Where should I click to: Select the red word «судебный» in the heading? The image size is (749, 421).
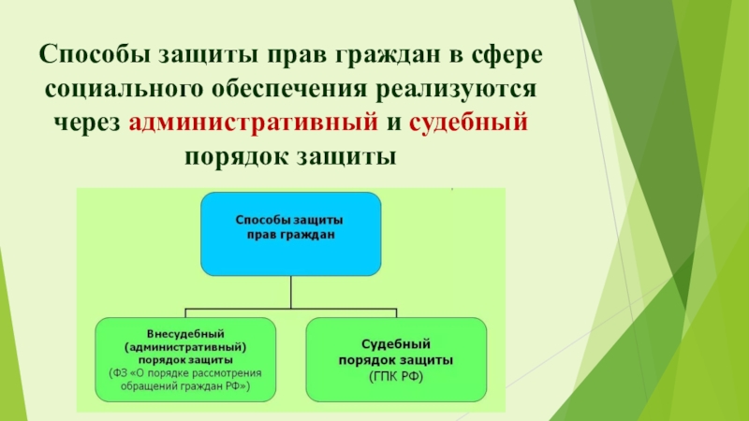[x=468, y=122]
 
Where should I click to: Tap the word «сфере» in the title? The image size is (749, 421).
[x=507, y=55]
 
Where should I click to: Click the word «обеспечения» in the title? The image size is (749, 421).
[x=289, y=89]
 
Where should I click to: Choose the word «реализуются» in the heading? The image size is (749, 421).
[x=456, y=90]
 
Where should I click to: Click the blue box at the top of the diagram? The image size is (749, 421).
[x=291, y=234]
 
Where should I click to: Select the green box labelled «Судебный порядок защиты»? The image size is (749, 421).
[x=396, y=359]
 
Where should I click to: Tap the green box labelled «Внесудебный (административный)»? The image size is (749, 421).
[x=185, y=359]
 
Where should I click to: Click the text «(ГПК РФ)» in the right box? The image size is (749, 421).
[x=396, y=377]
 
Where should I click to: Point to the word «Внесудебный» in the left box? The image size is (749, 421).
[x=185, y=334]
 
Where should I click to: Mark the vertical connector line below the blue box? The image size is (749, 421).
[x=291, y=292]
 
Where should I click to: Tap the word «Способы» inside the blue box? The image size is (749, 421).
[x=262, y=221]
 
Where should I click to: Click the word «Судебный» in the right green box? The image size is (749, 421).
[x=396, y=344]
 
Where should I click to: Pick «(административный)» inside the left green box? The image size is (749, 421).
[x=185, y=347]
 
